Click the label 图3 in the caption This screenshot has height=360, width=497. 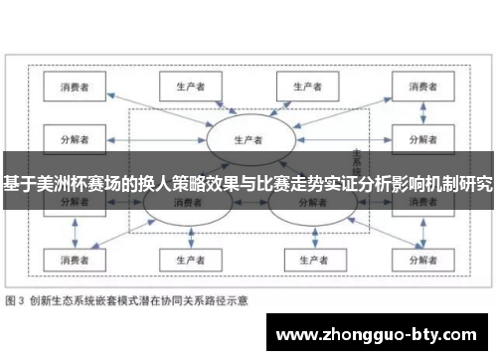click(x=17, y=299)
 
